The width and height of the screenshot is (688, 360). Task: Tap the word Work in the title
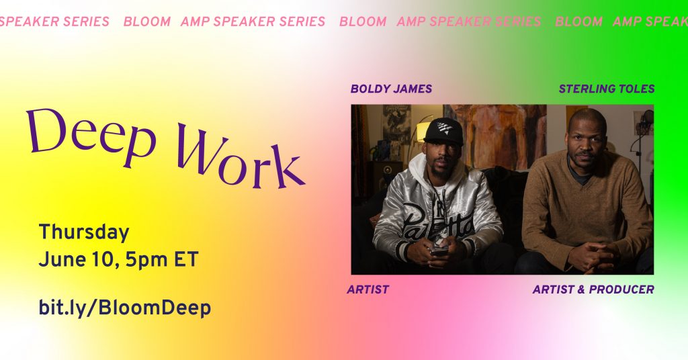pyautogui.click(x=241, y=159)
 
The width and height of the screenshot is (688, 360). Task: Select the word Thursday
pyautogui.click(x=84, y=232)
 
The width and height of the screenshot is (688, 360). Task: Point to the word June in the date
pyautogui.click(x=57, y=260)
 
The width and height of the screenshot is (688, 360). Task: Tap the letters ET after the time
pyautogui.click(x=186, y=260)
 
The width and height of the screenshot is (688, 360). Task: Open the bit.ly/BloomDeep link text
pyautogui.click(x=125, y=308)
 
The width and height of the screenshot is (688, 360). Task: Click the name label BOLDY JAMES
pyautogui.click(x=391, y=89)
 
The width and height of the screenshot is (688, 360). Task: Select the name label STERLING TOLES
pyautogui.click(x=607, y=89)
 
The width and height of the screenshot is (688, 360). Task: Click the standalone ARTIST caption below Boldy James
pyautogui.click(x=368, y=289)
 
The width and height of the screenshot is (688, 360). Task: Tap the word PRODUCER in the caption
pyautogui.click(x=621, y=289)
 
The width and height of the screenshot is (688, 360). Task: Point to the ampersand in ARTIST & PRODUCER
pyautogui.click(x=581, y=289)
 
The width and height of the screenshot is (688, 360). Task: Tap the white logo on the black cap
pyautogui.click(x=445, y=128)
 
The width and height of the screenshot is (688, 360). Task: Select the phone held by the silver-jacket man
pyautogui.click(x=439, y=251)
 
